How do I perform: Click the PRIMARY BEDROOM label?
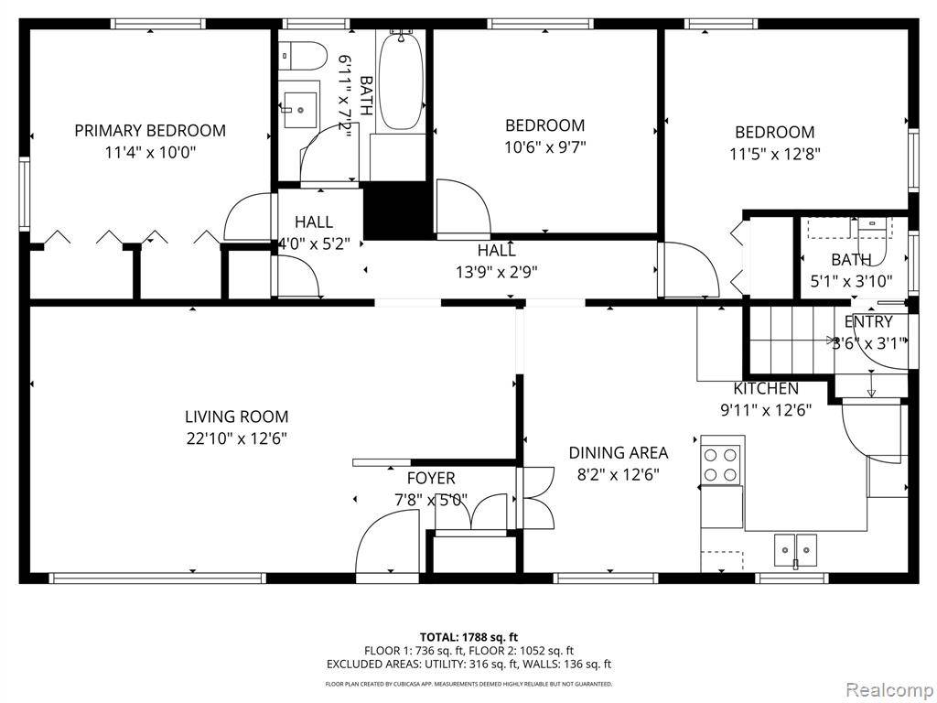[x=150, y=131]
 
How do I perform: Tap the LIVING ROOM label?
[x=236, y=416]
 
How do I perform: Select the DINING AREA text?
[x=619, y=452]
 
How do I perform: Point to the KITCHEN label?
[x=766, y=389]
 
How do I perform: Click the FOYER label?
[x=431, y=479]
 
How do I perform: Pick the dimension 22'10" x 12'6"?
[x=236, y=438]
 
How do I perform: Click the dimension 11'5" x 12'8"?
[x=774, y=154]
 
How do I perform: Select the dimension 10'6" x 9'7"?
[x=544, y=146]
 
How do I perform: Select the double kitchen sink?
[x=793, y=549]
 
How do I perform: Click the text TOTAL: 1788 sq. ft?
[x=468, y=637]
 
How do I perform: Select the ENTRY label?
[x=868, y=321]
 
